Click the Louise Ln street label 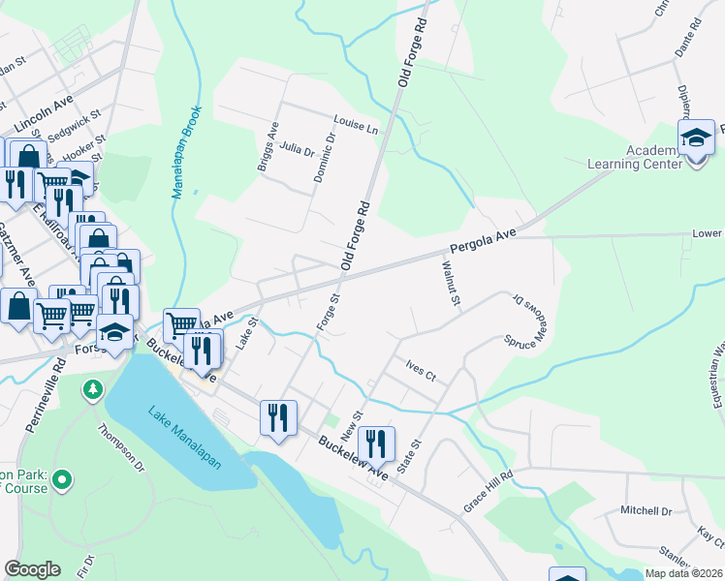[x=354, y=122]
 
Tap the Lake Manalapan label [x=185, y=439]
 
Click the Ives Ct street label [x=423, y=372]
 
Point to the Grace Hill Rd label [x=488, y=492]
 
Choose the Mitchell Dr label [x=646, y=510]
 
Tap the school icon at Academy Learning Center [x=696, y=138]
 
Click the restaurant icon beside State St [x=376, y=443]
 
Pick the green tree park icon [x=92, y=389]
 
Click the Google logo [x=32, y=569]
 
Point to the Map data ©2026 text [x=683, y=573]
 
